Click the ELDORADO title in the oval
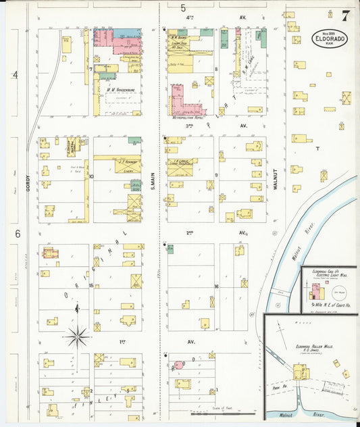click(330, 39)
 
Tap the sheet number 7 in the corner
click(345, 16)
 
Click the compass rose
click(78, 334)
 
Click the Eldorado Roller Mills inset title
click(311, 349)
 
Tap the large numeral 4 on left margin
click(15, 74)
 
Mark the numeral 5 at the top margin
click(183, 7)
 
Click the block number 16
click(217, 286)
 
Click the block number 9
click(216, 175)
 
